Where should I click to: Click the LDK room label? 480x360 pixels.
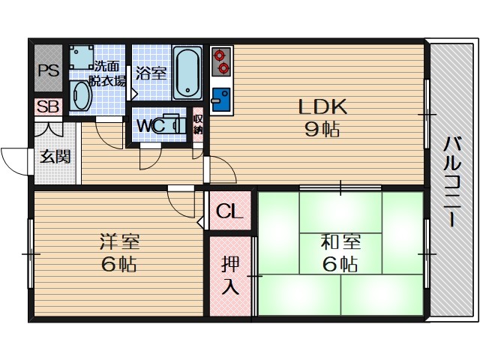[322, 106]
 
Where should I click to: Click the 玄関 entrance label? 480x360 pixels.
[55, 157]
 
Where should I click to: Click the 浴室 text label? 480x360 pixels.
[151, 73]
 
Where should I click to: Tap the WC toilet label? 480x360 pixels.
[151, 125]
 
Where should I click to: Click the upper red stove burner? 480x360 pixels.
[220, 55]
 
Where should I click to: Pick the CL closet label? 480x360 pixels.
[229, 211]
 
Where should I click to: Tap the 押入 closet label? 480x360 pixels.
[230, 275]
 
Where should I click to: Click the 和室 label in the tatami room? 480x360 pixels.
[340, 242]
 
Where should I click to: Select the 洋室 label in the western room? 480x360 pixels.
[119, 242]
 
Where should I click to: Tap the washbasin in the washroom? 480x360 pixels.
[80, 96]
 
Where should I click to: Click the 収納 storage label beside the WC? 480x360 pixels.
[198, 124]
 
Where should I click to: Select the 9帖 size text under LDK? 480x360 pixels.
[322, 129]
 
